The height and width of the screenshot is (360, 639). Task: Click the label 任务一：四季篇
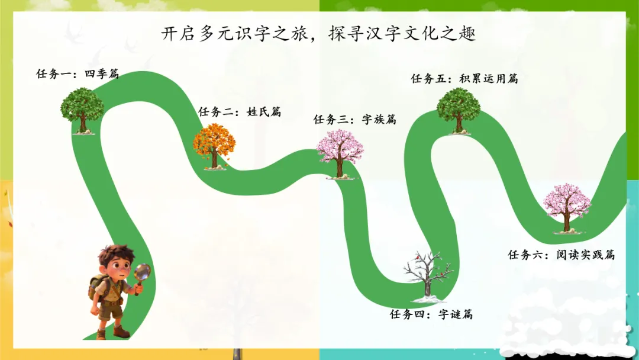[78, 74]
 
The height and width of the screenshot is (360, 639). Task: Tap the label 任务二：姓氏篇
[240, 111]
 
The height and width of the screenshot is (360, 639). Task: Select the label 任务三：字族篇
[354, 119]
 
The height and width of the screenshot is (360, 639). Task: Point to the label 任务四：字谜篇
[431, 314]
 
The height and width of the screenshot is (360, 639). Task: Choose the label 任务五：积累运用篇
[464, 78]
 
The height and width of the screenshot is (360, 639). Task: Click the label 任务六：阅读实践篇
[561, 255]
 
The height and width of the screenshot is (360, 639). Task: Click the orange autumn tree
[214, 145]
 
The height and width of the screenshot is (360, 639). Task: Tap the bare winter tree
[428, 274]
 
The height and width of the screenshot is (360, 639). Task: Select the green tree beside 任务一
[82, 110]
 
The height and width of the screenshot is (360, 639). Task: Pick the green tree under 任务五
[459, 108]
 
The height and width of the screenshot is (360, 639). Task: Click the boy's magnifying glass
[143, 273]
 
